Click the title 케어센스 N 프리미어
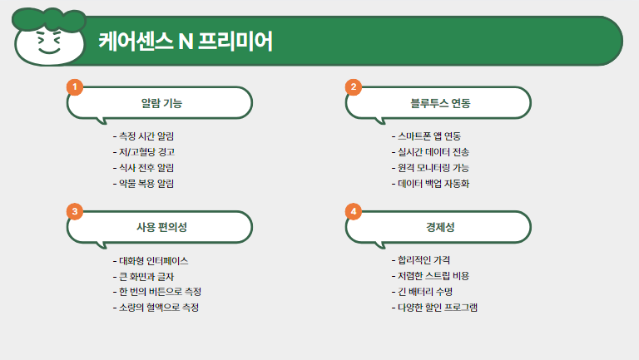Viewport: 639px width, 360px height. pos(186,41)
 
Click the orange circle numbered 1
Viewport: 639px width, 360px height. pos(75,87)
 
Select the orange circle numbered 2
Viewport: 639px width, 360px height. pos(354,87)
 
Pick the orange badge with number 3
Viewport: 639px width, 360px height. pos(75,211)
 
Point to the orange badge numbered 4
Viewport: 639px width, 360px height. pos(354,211)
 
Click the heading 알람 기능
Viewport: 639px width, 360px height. pos(161,103)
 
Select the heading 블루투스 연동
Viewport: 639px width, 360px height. pos(440,103)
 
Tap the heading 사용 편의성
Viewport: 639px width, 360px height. pos(161,227)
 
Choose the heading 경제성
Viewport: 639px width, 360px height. pos(440,227)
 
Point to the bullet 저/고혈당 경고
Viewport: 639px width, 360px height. pos(144,152)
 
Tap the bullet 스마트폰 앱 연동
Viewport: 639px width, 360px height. pos(426,136)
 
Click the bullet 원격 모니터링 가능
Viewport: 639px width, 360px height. pos(430,168)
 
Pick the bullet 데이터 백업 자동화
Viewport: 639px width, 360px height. pos(430,183)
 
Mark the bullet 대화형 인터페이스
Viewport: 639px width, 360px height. pos(151,260)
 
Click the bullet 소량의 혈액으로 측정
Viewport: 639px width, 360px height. pos(156,308)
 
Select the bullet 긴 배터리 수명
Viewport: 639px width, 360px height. pos(422,292)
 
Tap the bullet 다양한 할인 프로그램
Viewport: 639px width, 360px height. pos(434,308)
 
